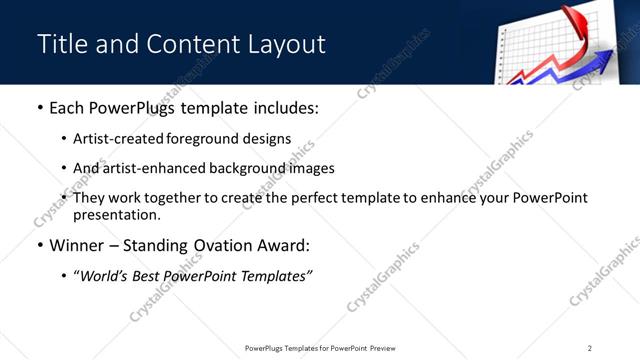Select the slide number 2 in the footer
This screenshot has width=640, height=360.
(590, 347)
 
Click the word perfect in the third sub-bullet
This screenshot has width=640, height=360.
(326, 198)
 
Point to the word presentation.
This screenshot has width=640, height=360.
(116, 215)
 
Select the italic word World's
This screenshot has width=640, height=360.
(104, 275)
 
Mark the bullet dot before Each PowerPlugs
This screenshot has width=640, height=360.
(39, 108)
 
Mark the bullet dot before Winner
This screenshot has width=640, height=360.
(39, 245)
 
